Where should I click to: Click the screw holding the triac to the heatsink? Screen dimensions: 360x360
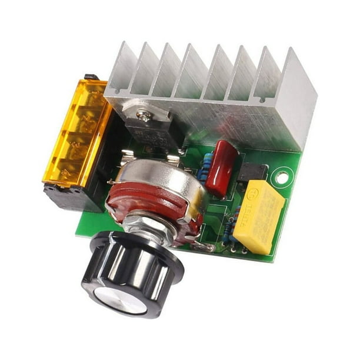(144, 115)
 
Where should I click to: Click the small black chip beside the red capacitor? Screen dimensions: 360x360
(252, 171)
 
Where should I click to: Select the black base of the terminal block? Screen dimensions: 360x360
(71, 197)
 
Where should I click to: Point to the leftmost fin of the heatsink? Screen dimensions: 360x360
(121, 68)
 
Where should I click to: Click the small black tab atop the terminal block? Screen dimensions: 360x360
(89, 76)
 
